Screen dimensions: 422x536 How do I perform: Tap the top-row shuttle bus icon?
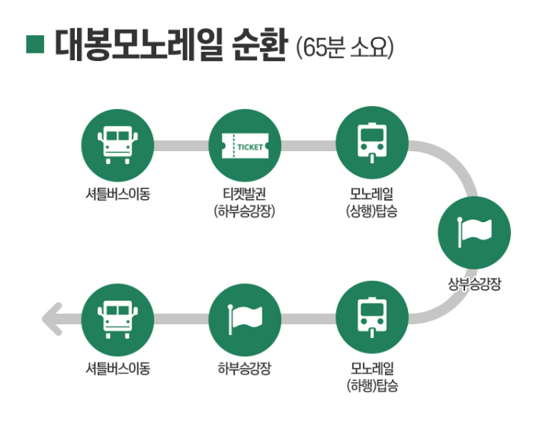click(117, 143)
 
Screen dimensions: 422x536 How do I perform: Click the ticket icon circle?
click(245, 143)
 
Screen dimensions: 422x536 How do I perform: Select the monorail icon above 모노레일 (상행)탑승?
click(372, 143)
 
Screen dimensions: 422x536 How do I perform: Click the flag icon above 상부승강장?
click(474, 232)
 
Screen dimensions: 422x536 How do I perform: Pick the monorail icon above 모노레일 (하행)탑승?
click(372, 319)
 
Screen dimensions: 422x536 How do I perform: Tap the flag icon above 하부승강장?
click(245, 319)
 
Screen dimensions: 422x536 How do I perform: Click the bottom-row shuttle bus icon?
click(117, 319)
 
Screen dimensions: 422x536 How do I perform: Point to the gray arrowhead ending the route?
click(52, 319)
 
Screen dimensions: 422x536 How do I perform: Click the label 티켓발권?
click(245, 193)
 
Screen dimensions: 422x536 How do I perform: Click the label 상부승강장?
click(474, 285)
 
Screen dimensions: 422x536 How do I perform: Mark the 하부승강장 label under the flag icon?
click(245, 369)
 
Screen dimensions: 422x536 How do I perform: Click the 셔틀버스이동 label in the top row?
click(117, 193)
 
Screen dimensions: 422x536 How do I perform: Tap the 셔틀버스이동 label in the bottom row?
click(117, 369)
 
